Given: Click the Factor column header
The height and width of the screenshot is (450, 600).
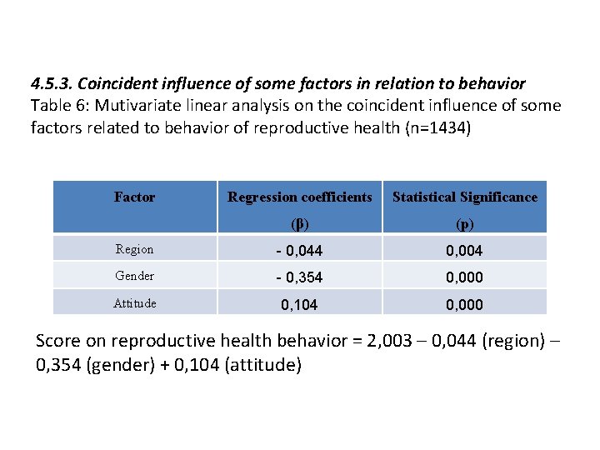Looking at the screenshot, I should (134, 197).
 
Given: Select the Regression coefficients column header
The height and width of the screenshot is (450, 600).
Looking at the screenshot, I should (300, 197).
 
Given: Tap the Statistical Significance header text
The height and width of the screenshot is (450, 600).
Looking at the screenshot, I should (465, 197).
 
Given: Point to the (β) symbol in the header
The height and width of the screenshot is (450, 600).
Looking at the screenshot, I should (300, 223).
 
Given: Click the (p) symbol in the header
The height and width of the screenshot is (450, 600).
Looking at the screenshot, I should (465, 223).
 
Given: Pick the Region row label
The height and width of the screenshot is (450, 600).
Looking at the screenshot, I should (134, 249).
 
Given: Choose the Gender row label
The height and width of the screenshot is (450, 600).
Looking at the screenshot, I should (134, 276).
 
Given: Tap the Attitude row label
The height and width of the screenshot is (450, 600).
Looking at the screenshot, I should (136, 303).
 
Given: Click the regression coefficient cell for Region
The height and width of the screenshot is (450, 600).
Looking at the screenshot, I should (298, 250).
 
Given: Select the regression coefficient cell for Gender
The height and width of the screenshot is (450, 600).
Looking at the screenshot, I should (298, 277).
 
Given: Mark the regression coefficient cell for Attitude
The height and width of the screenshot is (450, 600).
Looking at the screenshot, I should (299, 305).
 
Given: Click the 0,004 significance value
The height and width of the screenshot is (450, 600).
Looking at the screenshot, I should (464, 250).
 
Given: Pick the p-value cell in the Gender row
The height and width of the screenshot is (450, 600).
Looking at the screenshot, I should (464, 277).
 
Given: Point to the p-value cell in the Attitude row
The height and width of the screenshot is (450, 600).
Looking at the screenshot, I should (464, 305).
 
